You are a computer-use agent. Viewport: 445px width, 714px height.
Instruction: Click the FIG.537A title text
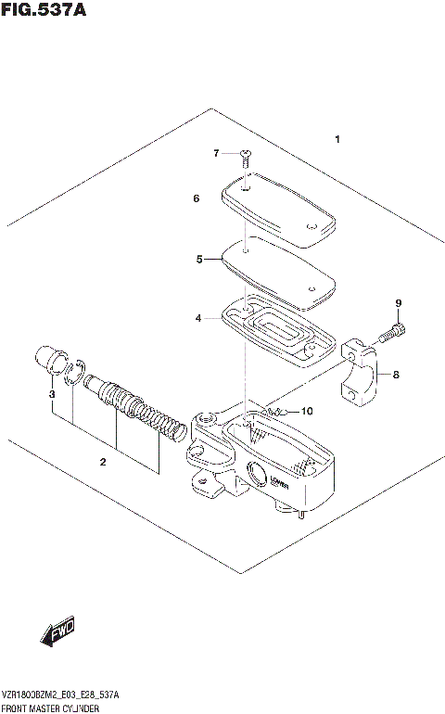point(44,11)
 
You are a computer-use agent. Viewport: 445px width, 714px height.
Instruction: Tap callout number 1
point(338,140)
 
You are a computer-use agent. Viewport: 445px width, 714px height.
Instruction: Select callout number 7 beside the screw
point(215,153)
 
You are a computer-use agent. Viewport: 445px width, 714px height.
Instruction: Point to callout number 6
point(197,198)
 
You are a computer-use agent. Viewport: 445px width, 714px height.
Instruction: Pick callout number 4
point(197,318)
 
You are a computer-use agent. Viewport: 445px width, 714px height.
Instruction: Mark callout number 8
point(395,376)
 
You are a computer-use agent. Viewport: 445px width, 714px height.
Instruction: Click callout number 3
point(52,395)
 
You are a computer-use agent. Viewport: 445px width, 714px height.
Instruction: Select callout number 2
point(103,461)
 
